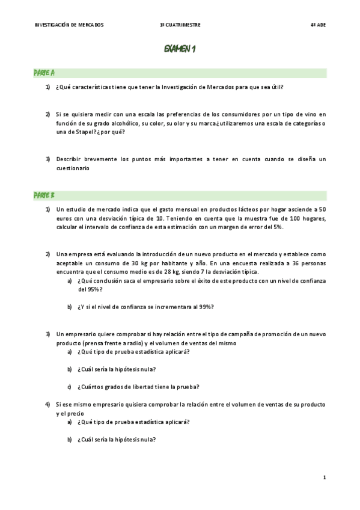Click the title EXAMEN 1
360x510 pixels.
tap(180, 49)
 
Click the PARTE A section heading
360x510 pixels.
tap(44, 73)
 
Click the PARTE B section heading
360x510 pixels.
tap(44, 195)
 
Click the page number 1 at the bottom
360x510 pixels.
tap(324, 478)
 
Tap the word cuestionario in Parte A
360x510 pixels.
tap(73, 168)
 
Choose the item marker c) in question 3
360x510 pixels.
tap(69, 387)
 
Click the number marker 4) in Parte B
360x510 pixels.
tap(47, 405)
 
